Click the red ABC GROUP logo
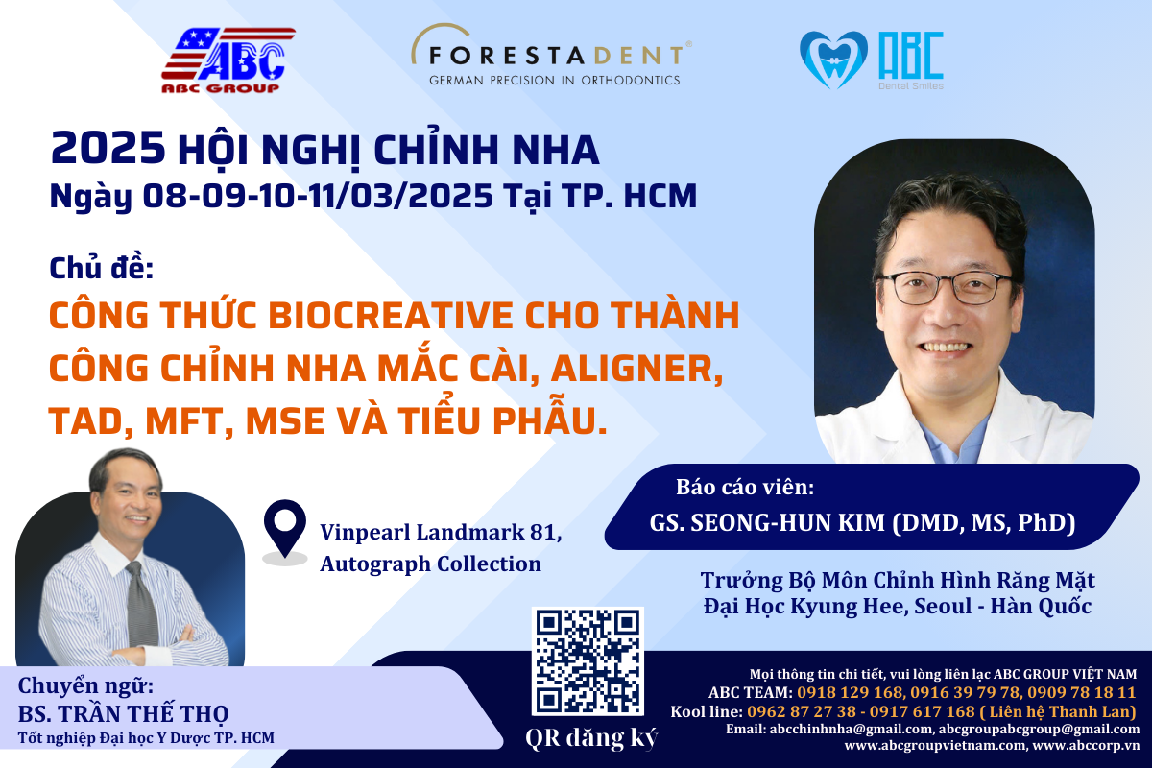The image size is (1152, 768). point(228,60)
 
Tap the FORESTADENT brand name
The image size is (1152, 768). point(557,56)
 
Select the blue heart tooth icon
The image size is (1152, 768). point(833,60)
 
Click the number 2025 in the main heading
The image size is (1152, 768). point(108,149)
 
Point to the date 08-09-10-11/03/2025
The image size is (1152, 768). point(318,196)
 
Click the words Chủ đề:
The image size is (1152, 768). point(102,268)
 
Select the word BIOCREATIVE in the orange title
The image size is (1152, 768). point(391,315)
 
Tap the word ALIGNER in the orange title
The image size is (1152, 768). point(636,370)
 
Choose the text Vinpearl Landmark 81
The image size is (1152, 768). point(441,533)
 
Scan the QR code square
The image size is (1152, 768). point(588,661)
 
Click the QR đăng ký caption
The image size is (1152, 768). point(591,738)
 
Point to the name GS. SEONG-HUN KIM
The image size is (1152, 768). point(767,522)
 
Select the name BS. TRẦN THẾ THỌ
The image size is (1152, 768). point(124,713)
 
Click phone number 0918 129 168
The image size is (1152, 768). point(851,692)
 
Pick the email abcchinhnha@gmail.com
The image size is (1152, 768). point(852,729)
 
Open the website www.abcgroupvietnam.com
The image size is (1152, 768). point(935,745)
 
